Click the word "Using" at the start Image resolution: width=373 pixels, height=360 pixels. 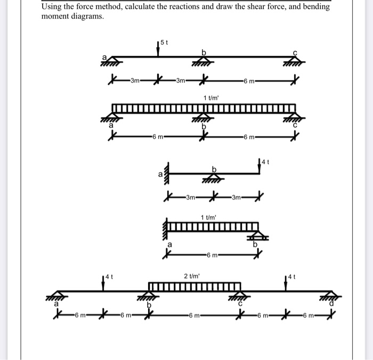52,6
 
